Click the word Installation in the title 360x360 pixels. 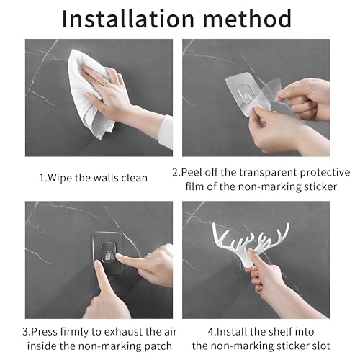coord(127,19)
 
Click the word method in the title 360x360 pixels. coord(247,19)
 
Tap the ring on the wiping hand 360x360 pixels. coord(106,83)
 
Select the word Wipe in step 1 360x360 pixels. coord(60,178)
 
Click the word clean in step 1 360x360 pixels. coord(134,178)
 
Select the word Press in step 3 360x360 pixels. coord(45,332)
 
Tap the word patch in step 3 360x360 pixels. coord(158,346)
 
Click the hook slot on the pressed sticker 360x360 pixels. coord(109,253)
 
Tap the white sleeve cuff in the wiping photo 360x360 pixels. coord(168,132)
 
